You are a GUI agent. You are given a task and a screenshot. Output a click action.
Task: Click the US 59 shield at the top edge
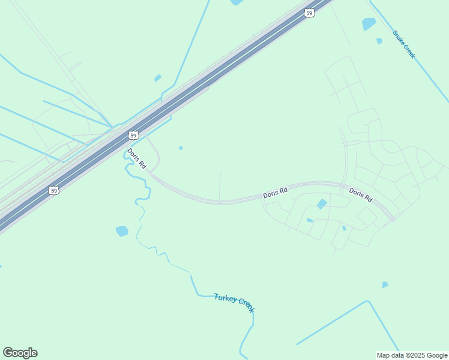coord(309,13)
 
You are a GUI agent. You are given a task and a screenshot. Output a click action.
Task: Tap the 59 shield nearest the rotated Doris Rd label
coord(133,135)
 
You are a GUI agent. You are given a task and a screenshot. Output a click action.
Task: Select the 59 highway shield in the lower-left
coord(54,190)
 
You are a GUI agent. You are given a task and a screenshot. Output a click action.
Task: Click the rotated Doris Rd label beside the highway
coord(137,158)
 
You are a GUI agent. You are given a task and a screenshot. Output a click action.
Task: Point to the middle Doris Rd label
coord(275,193)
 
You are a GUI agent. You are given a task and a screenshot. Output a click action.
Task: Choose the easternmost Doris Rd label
coord(361,195)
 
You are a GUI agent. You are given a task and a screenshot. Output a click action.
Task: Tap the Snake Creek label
coord(404,44)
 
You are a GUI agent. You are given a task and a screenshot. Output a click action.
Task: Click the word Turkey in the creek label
coord(225,298)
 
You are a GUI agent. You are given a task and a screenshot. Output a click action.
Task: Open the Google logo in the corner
coord(20,353)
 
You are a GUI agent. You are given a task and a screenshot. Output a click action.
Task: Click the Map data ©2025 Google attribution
coord(412,355)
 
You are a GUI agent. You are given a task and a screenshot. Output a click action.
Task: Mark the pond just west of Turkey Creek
coord(122,231)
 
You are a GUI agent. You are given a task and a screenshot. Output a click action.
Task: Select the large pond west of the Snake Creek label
coord(369,24)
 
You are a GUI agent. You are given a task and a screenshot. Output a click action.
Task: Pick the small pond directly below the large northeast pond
coord(379,41)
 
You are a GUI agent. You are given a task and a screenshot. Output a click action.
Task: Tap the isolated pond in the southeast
coord(385,284)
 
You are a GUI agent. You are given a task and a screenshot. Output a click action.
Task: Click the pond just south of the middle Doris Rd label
coord(322,204)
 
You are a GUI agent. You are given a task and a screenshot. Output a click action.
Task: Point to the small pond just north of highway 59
coord(157,78)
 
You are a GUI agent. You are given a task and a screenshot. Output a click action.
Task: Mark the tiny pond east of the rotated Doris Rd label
coord(181,148)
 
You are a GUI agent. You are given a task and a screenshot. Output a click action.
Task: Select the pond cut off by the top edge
coord(237,2)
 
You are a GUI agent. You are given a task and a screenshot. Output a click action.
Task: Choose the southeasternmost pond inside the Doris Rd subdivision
coord(344,228)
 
